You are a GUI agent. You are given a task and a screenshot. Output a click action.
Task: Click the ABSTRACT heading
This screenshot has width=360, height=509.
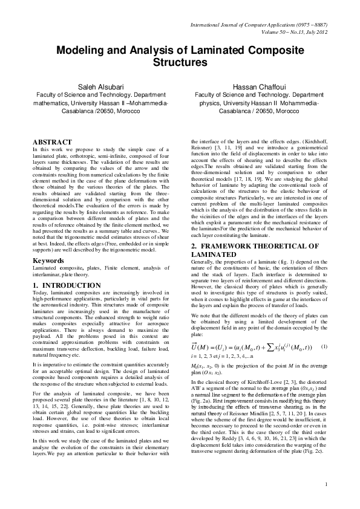point(52,141)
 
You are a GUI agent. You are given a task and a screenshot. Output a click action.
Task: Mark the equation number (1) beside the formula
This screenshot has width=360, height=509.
point(324,346)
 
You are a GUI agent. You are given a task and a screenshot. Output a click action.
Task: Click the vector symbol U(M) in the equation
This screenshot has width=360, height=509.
point(205,346)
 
